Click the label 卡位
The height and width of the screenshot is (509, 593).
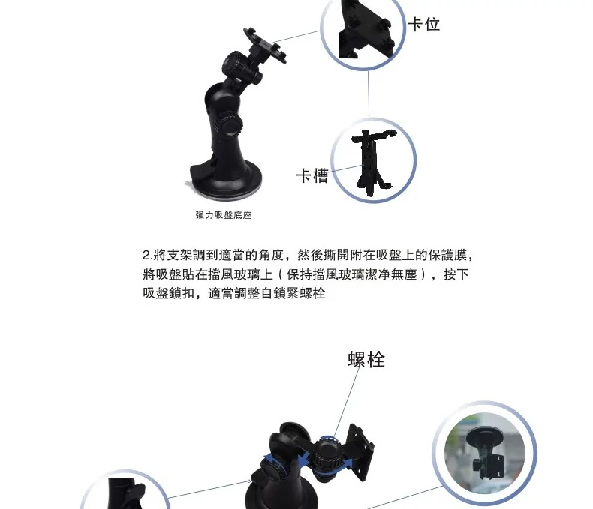[x=423, y=25]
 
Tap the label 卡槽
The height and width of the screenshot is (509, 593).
[x=312, y=176]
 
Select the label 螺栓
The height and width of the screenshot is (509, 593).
[x=366, y=360]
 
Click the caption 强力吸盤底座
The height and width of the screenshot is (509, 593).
[x=224, y=215]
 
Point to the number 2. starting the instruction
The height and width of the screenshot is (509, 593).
[x=147, y=256]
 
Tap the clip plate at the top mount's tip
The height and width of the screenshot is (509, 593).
[x=265, y=45]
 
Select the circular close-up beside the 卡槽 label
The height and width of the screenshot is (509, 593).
[x=374, y=160]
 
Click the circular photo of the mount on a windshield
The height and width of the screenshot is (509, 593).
[x=484, y=453]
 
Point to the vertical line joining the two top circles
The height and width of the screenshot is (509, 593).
[x=369, y=94]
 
